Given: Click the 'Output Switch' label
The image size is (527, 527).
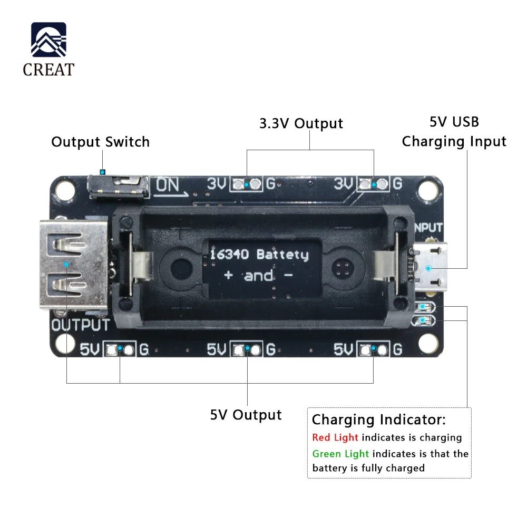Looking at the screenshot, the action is pos(100,142).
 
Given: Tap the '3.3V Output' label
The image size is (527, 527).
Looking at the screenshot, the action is pos(301,123).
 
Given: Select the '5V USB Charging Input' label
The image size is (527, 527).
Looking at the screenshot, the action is pos(454,132).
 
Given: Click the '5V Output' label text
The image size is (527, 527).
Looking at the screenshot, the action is pos(246,415).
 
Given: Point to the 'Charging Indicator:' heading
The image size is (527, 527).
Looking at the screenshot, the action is pos(378,420).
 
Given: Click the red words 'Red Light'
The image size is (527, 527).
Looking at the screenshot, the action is pos(335,437).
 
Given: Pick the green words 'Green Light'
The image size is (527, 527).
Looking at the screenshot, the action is pos(340,454).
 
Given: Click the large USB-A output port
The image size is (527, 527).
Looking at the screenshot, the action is pos(73,263).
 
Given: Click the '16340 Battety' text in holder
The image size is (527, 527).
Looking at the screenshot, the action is pos(259,255).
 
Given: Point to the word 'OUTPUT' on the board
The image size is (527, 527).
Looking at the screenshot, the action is pos(80,325).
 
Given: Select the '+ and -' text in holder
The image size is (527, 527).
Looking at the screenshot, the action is pos(258,276).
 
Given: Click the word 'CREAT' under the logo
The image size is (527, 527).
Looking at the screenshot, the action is pos(48,70).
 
